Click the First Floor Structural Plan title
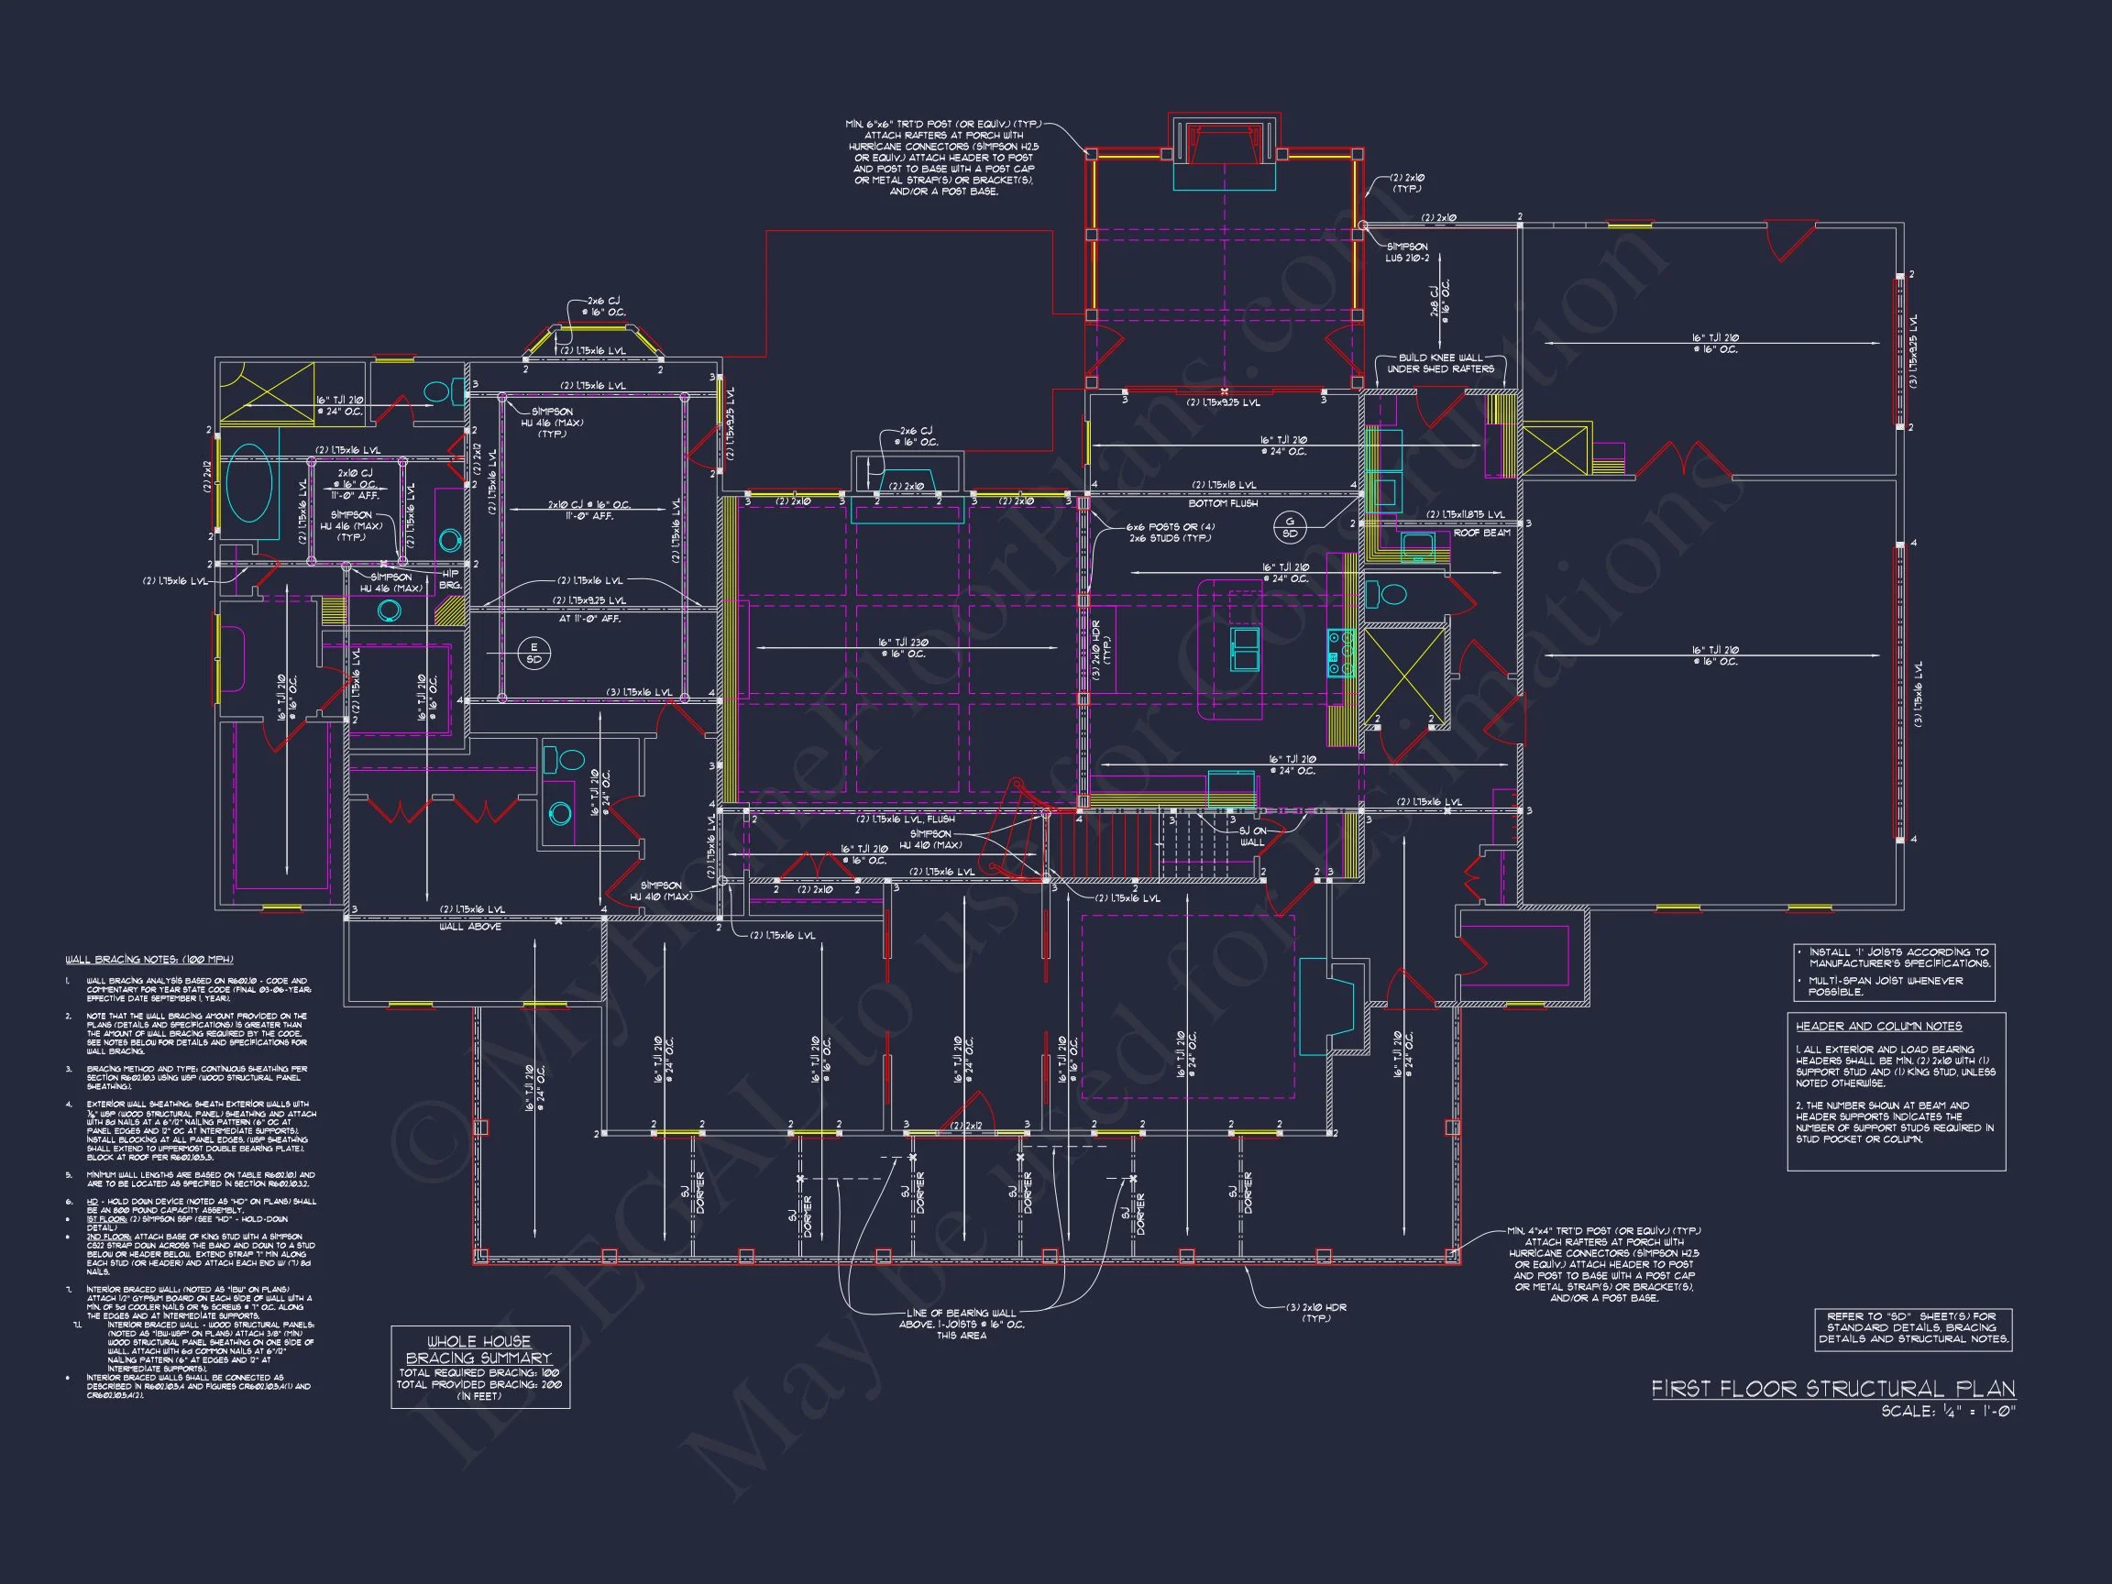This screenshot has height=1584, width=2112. tap(1832, 1390)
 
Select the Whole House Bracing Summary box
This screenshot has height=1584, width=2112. tap(480, 1367)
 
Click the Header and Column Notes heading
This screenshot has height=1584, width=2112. tap(1878, 1027)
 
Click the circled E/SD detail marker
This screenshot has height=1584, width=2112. tap(533, 653)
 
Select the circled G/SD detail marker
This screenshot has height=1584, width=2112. tap(1290, 526)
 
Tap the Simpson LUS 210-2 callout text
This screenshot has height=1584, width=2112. tap(1406, 252)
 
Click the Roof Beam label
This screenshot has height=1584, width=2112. tap(1482, 533)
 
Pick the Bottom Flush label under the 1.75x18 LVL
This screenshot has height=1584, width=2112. tap(1222, 503)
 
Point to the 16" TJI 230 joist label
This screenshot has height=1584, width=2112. tap(902, 648)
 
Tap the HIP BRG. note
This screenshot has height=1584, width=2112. tap(450, 579)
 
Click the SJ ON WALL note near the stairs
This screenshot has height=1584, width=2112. tap(1252, 836)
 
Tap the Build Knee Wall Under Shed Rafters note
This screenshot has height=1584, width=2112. tap(1440, 363)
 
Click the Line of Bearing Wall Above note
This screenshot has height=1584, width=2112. tap(961, 1324)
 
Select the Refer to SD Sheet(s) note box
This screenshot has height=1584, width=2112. tap(1913, 1328)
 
